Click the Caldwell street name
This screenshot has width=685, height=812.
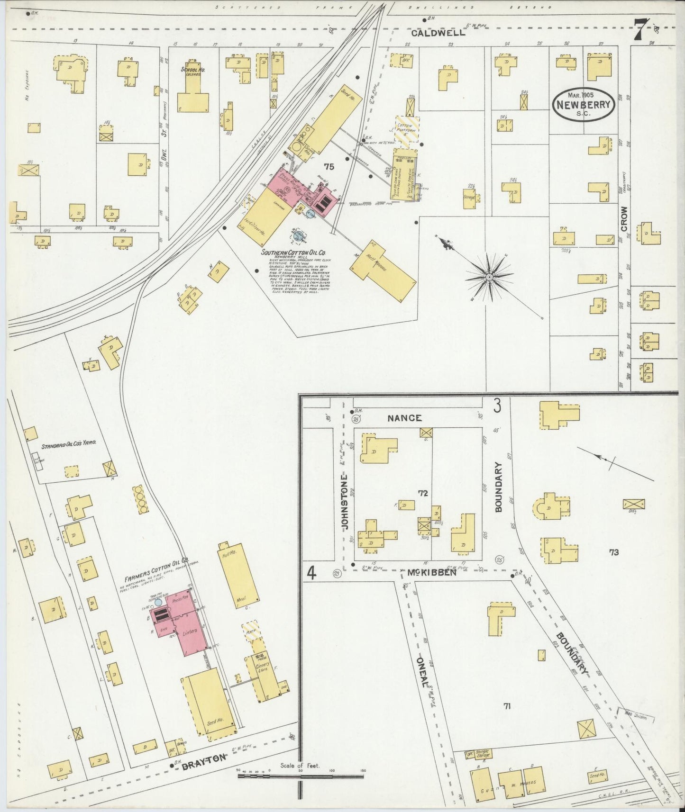[x=438, y=33]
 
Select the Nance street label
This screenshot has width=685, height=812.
[x=404, y=418]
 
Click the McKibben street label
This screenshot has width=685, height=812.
[x=431, y=572]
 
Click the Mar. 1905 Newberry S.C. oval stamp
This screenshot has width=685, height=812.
[x=584, y=104]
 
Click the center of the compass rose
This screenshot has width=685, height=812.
[x=488, y=275]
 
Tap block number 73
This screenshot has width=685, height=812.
[x=613, y=552]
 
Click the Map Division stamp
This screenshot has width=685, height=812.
[x=635, y=717]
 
